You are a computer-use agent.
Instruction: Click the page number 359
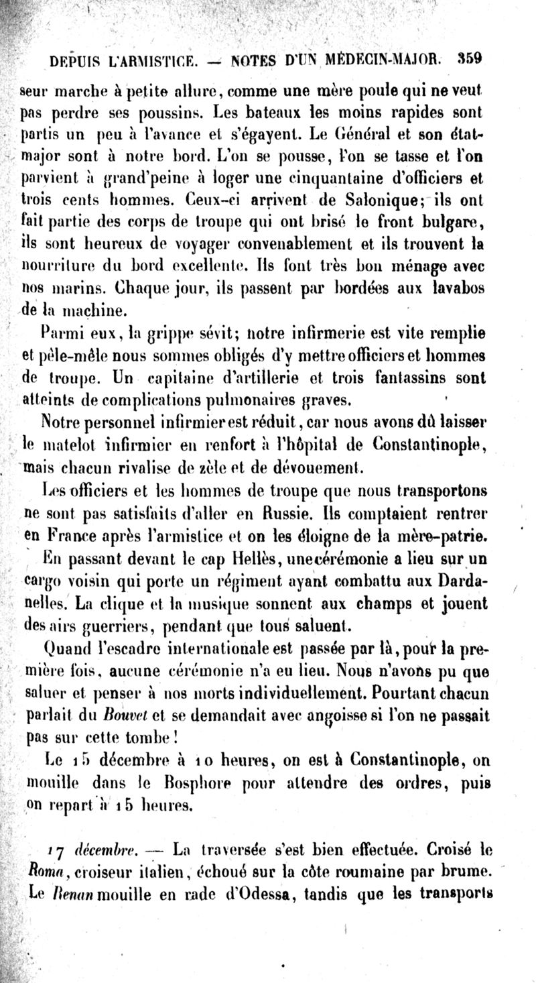(470, 58)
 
